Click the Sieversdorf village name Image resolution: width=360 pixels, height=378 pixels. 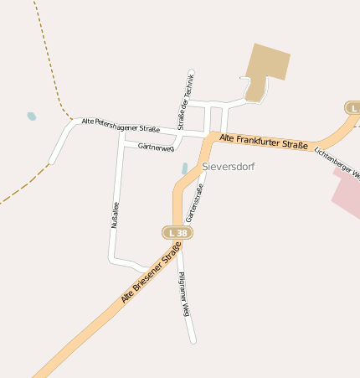click(x=228, y=167)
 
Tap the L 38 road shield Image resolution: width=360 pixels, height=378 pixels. click(x=177, y=232)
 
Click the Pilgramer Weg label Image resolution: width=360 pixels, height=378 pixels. click(x=184, y=293)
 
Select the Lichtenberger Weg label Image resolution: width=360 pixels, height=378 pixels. click(x=337, y=164)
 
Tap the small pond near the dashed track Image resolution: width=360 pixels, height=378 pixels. click(x=32, y=117)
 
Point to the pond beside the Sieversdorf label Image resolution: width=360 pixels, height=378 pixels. click(x=184, y=168)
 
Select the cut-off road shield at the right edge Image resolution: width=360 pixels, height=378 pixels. click(x=353, y=108)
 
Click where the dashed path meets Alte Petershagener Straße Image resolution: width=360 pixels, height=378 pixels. click(x=72, y=120)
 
